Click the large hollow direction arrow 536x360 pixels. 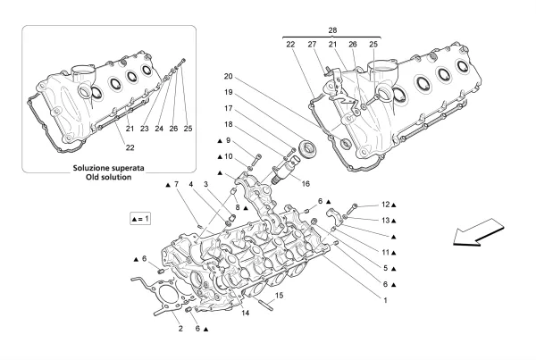coord(478,232)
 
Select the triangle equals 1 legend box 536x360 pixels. coord(140,219)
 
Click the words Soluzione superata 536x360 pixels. coord(108,168)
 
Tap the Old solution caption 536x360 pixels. coord(108,177)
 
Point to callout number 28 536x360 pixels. coord(332,30)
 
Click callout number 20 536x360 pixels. coord(229,76)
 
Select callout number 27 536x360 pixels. coord(312,44)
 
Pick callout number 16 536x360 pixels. coord(306,184)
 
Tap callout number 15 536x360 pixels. coord(280,296)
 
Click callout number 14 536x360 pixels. coord(245,313)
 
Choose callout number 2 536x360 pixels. coord(180,329)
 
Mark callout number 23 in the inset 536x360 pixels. coord(144,129)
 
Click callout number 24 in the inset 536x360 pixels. coord(159,129)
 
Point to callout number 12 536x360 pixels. coord(386,205)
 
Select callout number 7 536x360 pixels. coord(176,185)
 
